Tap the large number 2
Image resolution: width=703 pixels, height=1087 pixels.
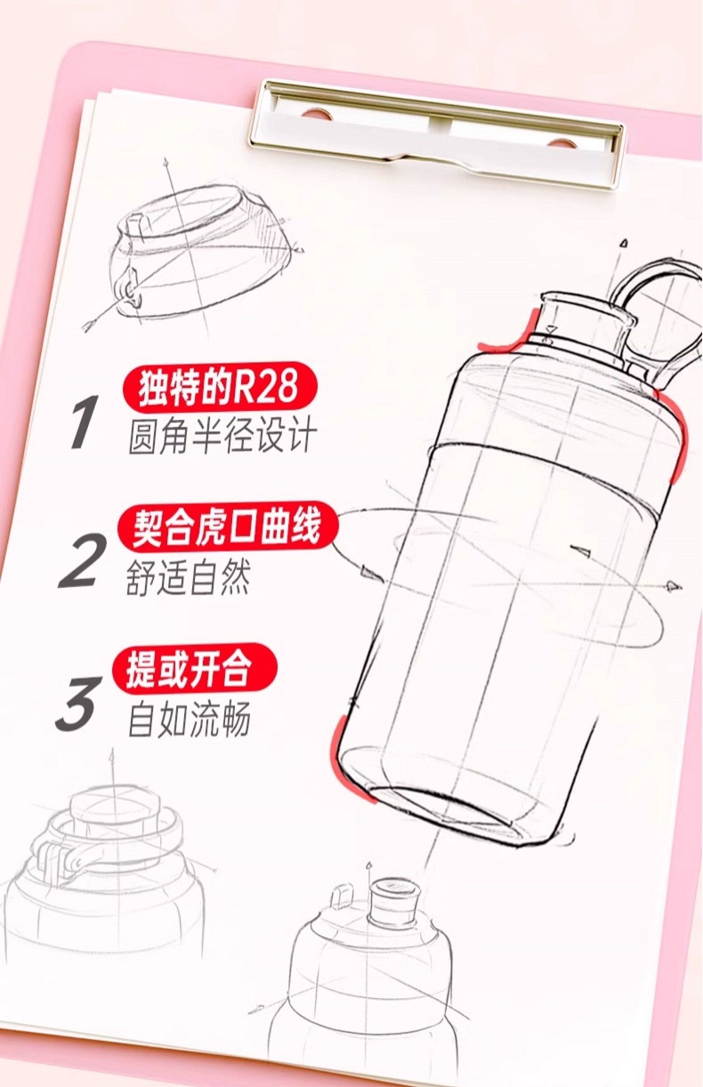coord(83,561)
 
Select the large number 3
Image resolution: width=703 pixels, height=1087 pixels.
coord(79,703)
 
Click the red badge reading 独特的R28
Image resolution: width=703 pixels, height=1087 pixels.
coord(220,387)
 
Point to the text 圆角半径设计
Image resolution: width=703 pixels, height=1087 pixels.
coord(222,435)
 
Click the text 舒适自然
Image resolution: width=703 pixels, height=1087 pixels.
coord(188,577)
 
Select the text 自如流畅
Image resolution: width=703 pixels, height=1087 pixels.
coord(189,719)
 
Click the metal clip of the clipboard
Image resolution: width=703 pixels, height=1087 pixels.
coord(437,133)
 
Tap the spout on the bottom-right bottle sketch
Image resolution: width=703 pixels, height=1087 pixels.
coord(393,902)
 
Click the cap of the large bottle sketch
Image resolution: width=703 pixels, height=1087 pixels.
coord(587,319)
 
